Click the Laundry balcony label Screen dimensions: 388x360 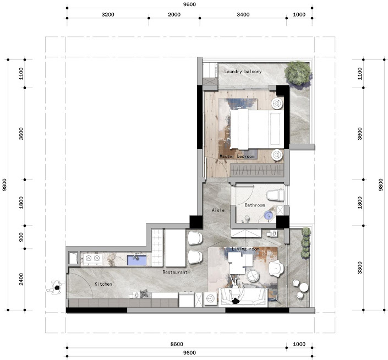pyautogui.click(x=243, y=72)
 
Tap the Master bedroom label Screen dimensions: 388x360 pyautogui.click(x=237, y=156)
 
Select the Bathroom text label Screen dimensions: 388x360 pyautogui.click(x=255, y=205)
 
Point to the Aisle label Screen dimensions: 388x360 pyautogui.click(x=218, y=210)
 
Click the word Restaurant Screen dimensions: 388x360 pyautogui.click(x=174, y=272)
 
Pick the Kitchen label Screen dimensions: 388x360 pyautogui.click(x=103, y=284)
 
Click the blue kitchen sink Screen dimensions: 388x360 pyautogui.click(x=136, y=260)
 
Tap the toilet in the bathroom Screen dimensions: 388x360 pyautogui.click(x=275, y=195)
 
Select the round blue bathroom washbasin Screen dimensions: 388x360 pyautogui.click(x=268, y=215)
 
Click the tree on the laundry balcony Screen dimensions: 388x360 pyautogui.click(x=298, y=73)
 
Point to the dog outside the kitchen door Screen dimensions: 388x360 pyautogui.click(x=56, y=287)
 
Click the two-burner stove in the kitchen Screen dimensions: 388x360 pyautogui.click(x=92, y=259)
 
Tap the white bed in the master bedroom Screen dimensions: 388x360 pyautogui.click(x=257, y=129)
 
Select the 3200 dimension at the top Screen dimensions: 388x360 pyautogui.click(x=108, y=15)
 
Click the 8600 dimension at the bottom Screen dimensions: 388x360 pyautogui.click(x=177, y=344)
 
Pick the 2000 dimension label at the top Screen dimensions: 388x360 pyautogui.click(x=174, y=15)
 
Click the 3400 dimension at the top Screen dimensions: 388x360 pyautogui.click(x=243, y=15)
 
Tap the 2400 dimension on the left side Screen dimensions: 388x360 pyautogui.click(x=21, y=279)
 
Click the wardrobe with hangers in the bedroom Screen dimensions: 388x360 pyautogui.click(x=257, y=170)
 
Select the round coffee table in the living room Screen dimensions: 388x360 pyautogui.click(x=253, y=275)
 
